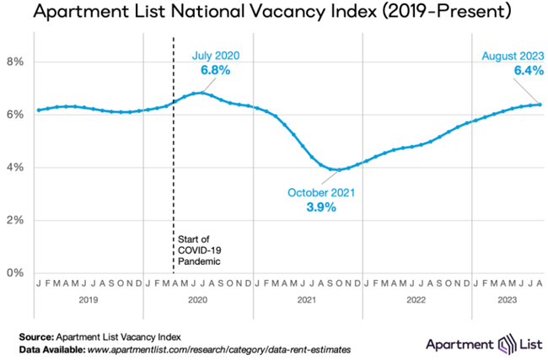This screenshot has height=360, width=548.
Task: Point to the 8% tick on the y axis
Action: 15,62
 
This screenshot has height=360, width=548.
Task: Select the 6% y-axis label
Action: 15,115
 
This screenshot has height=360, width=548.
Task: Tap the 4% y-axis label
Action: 15,167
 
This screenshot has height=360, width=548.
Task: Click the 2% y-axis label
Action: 15,220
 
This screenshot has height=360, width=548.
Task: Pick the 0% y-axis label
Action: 15,272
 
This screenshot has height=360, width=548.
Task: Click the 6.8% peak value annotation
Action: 215,70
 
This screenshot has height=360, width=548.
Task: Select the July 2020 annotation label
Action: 215,56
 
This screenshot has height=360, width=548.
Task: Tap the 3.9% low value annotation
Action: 320,207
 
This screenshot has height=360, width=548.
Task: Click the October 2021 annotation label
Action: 320,192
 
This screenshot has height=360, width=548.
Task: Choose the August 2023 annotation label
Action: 509,56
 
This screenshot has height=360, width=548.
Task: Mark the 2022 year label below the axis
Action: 416,298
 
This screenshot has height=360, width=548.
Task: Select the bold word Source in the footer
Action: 37,335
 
